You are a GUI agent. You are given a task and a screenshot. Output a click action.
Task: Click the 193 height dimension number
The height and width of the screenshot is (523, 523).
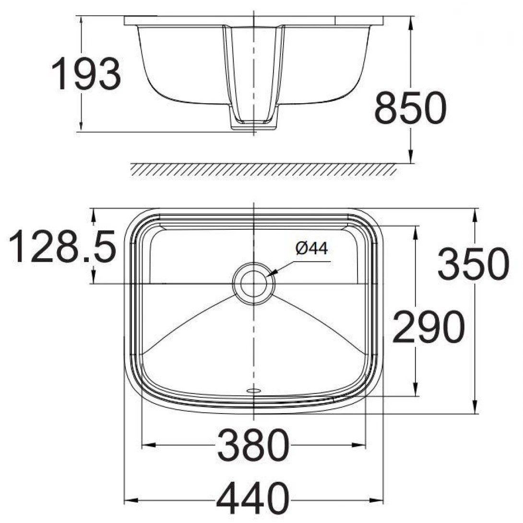point(86,74)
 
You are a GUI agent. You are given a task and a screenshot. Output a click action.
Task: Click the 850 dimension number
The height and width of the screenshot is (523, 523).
point(410,108)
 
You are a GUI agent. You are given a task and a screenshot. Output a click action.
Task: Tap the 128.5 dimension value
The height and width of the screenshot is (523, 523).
point(62,247)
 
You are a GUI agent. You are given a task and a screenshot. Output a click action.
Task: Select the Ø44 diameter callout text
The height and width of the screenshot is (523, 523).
point(312,249)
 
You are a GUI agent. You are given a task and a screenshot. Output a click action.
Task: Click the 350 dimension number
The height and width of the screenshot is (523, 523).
point(473,264)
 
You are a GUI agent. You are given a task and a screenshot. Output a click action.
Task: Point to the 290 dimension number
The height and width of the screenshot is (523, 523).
point(428,327)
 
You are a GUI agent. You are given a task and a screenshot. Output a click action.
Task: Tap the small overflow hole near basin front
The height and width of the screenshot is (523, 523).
point(253,391)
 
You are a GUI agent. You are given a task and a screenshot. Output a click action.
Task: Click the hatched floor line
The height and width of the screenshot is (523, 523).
point(264,169)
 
